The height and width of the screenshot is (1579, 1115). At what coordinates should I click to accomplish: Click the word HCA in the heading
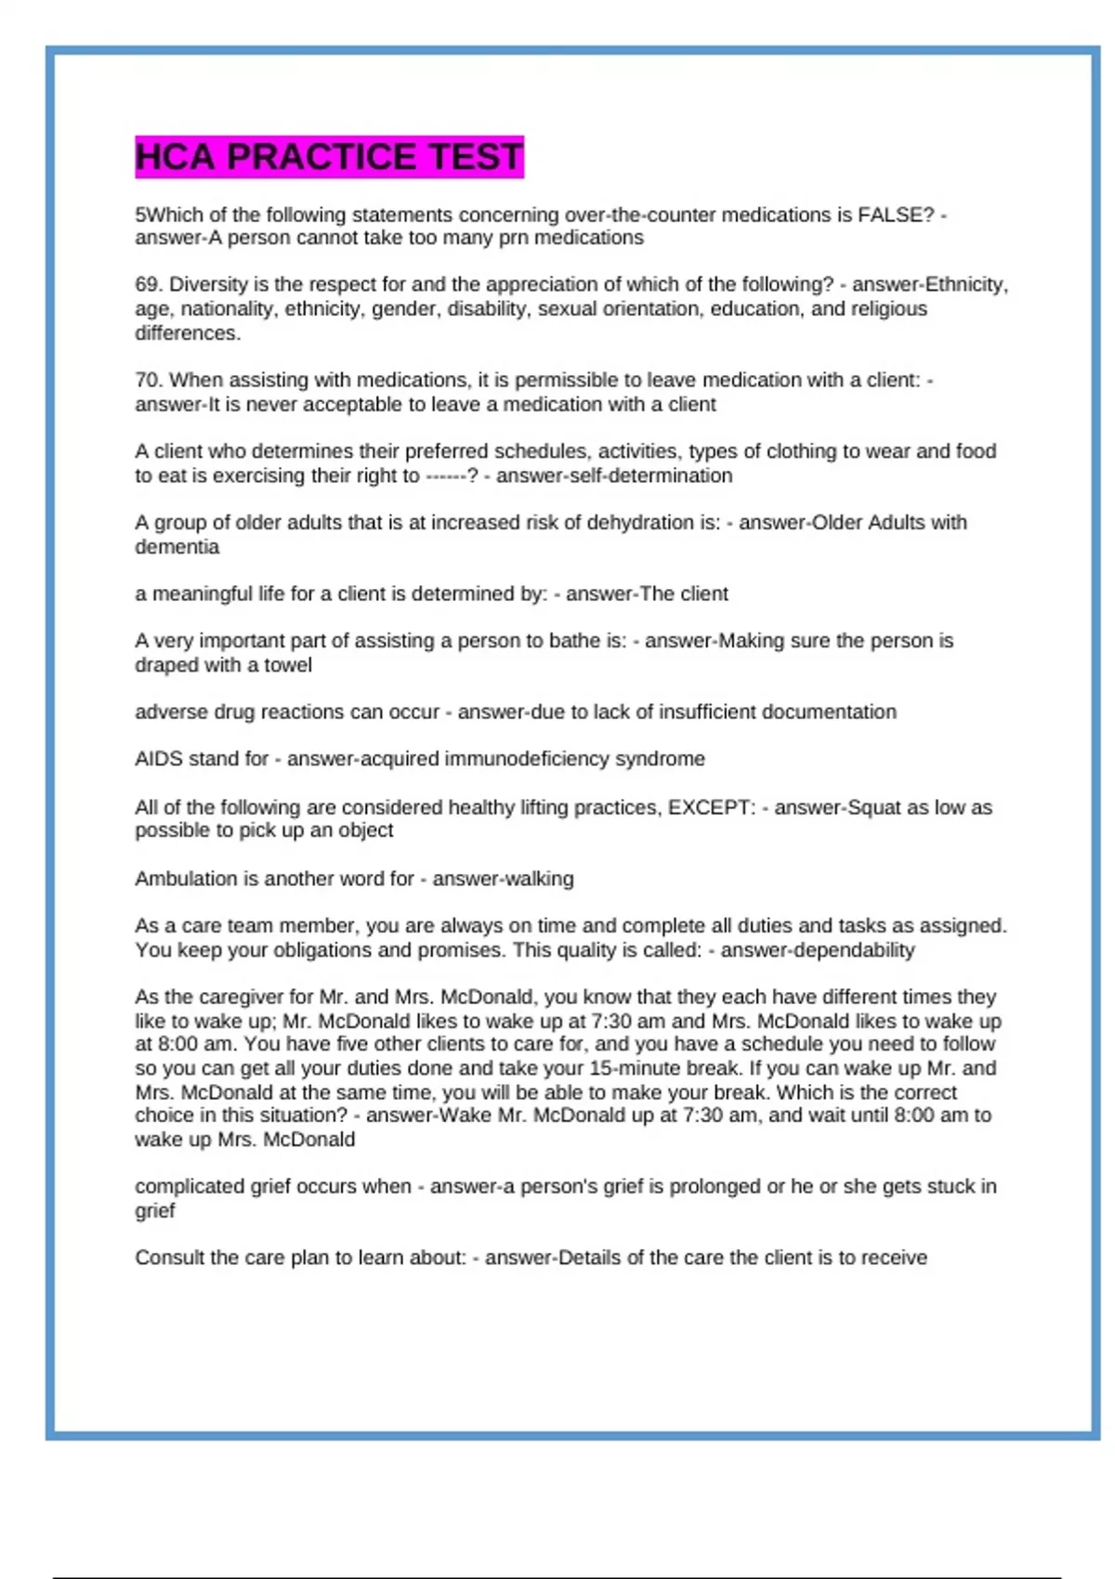point(177,157)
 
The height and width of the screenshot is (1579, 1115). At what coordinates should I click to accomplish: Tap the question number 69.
point(149,284)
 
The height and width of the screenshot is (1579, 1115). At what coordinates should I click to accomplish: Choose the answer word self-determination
point(625,476)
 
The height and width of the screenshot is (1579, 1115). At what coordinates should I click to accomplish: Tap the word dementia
point(177,547)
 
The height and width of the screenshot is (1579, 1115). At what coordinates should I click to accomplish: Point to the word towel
point(288,665)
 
